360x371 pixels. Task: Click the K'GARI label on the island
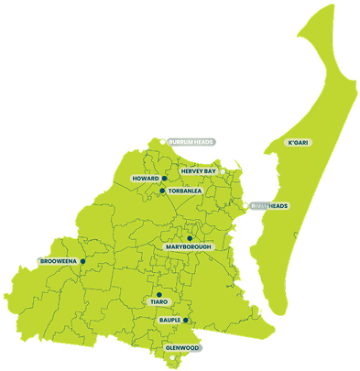pos(300,143)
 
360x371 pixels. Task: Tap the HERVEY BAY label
pos(198,171)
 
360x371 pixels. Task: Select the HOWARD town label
pos(146,179)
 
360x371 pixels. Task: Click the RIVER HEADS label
pos(271,206)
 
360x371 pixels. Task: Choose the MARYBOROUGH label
pos(190,247)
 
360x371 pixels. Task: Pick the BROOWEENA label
pos(58,262)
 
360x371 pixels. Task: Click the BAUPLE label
pos(169,321)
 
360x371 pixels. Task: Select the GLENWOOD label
pos(181,349)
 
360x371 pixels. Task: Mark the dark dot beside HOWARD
pos(164,179)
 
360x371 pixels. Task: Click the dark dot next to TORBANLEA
pos(162,191)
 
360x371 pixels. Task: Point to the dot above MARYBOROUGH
pos(190,238)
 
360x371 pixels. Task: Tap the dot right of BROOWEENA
pos(82,262)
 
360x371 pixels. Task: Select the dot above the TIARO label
pos(158,294)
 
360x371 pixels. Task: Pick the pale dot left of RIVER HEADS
pos(246,206)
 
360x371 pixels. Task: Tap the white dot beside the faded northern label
pos(164,142)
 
